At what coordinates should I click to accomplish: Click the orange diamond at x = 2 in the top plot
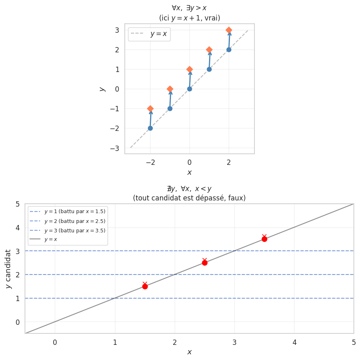(x=229, y=30)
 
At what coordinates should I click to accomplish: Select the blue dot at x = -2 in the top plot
(x=150, y=128)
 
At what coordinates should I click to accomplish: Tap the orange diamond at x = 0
(x=189, y=69)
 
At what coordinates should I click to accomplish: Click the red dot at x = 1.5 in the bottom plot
(x=145, y=286)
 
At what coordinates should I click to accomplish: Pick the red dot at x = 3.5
(x=264, y=239)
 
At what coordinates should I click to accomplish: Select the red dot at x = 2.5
(x=205, y=263)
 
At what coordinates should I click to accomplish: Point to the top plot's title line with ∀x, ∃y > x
(x=189, y=8)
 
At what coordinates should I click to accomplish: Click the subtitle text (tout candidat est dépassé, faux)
(x=189, y=198)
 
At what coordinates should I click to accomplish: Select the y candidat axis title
(x=9, y=269)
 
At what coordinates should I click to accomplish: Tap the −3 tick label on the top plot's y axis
(x=115, y=148)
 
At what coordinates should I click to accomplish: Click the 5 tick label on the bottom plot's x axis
(x=354, y=342)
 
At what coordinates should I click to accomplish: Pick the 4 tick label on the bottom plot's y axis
(x=18, y=227)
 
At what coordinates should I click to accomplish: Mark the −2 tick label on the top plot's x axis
(x=150, y=162)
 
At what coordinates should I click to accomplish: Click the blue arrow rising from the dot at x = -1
(x=170, y=99)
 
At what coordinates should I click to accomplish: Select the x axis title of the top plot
(x=189, y=173)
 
